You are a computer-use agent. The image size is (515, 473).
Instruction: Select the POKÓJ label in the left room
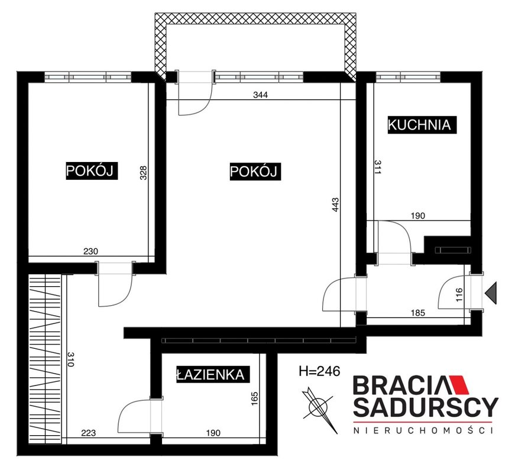click(x=92, y=170)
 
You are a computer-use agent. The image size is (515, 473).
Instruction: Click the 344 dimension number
click(x=260, y=95)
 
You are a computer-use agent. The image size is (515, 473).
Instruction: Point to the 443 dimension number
click(x=335, y=205)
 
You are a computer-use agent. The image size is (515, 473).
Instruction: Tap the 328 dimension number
click(x=144, y=173)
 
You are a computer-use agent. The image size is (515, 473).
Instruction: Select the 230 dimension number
click(x=90, y=251)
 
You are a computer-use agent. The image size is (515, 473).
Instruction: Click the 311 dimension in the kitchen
click(x=377, y=167)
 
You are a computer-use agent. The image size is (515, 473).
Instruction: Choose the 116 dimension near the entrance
click(x=459, y=294)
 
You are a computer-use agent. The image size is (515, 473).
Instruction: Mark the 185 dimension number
click(x=418, y=313)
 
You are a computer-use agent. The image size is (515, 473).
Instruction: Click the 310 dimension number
click(x=70, y=359)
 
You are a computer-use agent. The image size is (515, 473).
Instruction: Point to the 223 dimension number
click(x=89, y=433)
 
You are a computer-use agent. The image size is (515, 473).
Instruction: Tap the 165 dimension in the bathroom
click(x=255, y=399)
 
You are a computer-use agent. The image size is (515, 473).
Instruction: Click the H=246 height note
click(x=319, y=371)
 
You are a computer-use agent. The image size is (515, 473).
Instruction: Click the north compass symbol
click(x=319, y=410)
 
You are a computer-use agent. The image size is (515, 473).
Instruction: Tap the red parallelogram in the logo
click(x=458, y=384)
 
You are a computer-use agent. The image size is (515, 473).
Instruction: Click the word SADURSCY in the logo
click(x=426, y=407)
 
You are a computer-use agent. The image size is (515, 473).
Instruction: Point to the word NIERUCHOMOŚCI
click(x=423, y=430)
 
